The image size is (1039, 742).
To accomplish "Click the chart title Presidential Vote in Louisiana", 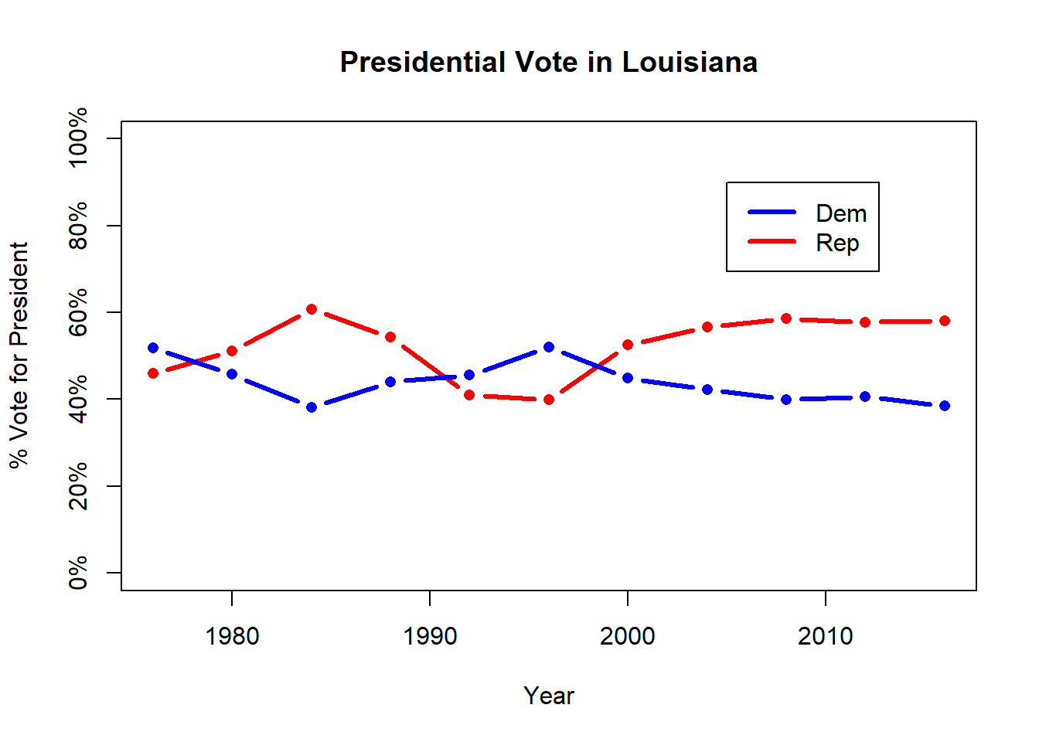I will click(548, 62).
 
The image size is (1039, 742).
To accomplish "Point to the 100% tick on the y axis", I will click(78, 138).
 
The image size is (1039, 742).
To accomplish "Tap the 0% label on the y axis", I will click(78, 573).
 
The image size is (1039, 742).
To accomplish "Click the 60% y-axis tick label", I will click(78, 312).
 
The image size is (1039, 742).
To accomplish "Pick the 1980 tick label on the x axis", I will click(232, 636).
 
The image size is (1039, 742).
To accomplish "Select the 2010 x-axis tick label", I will click(825, 636).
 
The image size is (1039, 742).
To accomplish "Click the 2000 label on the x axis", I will click(627, 636).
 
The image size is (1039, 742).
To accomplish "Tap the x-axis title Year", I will click(548, 696).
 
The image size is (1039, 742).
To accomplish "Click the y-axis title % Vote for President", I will click(19, 355).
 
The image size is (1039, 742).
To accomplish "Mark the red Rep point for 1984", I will click(312, 309).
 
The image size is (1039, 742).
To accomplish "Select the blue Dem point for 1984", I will click(312, 407).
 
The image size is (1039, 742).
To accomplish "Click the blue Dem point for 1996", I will click(549, 347).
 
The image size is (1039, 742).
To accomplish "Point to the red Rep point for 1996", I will click(549, 400).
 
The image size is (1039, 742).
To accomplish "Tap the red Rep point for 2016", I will click(945, 321).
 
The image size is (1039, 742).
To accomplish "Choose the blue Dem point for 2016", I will click(945, 406).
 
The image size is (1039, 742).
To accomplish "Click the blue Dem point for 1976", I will click(153, 348).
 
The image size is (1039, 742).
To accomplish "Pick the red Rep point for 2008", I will click(786, 318).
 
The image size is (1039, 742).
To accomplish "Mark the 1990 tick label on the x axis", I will click(430, 636).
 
